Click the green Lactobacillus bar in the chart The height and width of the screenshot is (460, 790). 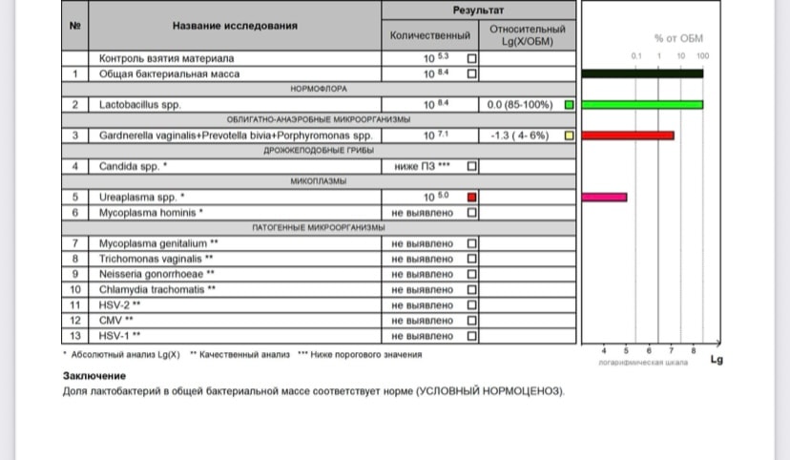(x=642, y=104)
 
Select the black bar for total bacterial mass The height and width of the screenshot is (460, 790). (x=642, y=73)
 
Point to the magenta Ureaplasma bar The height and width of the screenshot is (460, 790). (x=604, y=197)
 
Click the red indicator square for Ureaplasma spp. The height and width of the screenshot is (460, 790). (x=472, y=198)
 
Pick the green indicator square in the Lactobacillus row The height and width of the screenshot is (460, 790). (x=569, y=105)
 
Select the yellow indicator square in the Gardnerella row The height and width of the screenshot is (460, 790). (x=569, y=136)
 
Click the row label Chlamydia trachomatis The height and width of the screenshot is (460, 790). (x=156, y=289)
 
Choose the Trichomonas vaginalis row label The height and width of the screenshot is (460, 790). (x=156, y=259)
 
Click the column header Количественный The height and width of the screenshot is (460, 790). (x=430, y=35)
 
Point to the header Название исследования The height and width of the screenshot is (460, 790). (x=235, y=26)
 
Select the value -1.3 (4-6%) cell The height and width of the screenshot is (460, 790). (x=519, y=136)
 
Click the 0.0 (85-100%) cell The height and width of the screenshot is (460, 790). (x=520, y=105)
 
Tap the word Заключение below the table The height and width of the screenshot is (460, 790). (x=94, y=376)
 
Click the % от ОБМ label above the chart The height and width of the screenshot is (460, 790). (x=677, y=38)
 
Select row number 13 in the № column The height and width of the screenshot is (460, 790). (x=75, y=336)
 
